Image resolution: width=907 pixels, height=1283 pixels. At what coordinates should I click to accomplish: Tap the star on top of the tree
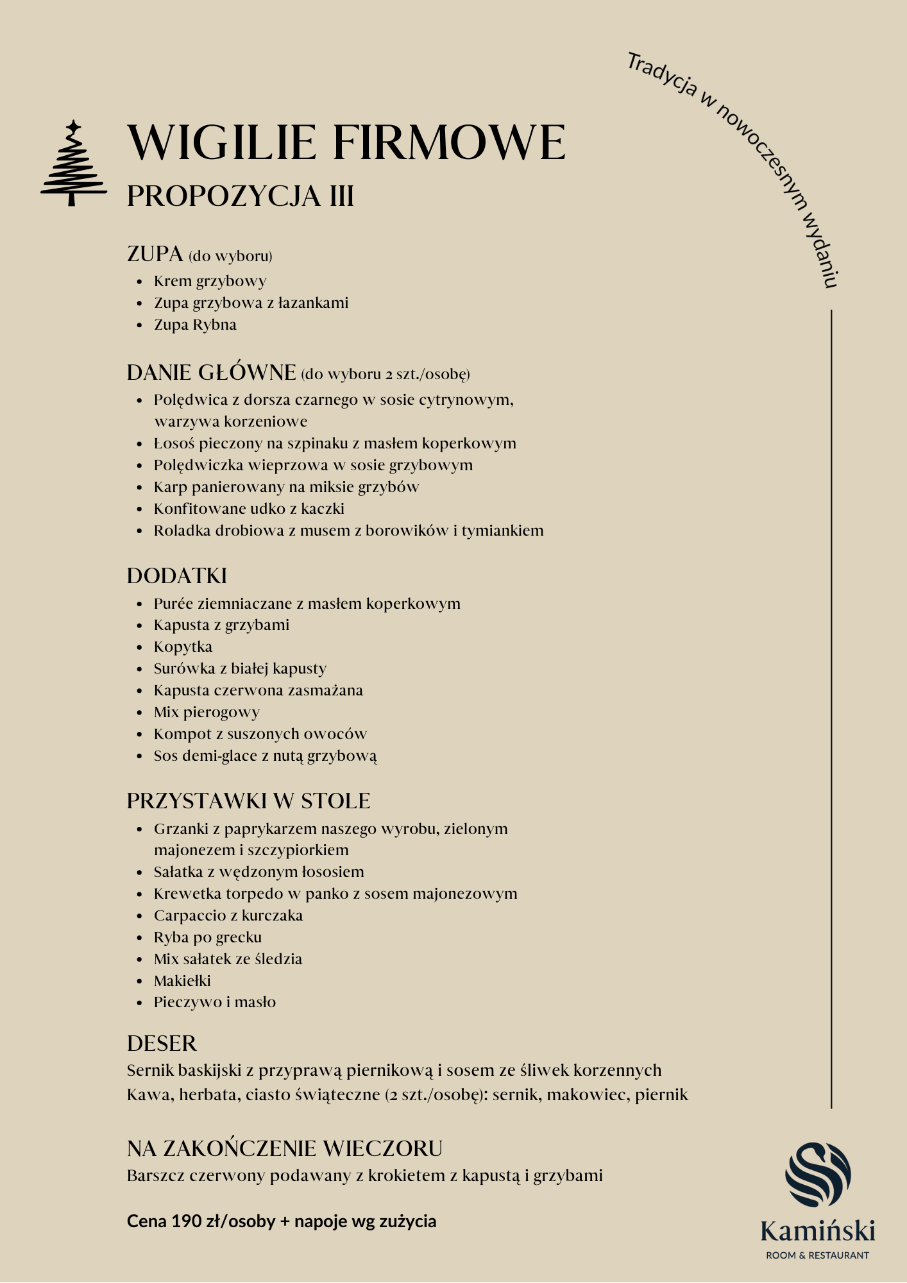(x=74, y=126)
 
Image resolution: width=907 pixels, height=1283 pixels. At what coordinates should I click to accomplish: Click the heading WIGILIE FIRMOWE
(x=346, y=142)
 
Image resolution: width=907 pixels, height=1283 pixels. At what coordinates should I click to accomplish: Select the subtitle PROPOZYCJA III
(x=241, y=196)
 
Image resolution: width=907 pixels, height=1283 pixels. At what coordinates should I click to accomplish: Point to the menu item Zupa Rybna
(x=195, y=325)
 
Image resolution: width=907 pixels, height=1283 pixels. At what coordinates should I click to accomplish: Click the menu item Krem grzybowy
(x=210, y=281)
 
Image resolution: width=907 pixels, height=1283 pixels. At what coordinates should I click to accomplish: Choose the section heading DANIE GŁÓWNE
(x=211, y=373)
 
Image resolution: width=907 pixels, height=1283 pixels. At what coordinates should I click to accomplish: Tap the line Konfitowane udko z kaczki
(x=249, y=509)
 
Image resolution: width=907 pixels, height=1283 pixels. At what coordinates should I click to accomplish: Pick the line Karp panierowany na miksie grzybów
(x=286, y=487)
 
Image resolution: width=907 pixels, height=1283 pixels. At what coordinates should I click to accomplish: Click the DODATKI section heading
(x=177, y=575)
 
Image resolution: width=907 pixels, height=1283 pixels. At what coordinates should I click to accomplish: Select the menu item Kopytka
(x=183, y=647)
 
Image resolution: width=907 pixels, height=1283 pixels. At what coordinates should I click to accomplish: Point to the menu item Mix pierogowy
(x=207, y=712)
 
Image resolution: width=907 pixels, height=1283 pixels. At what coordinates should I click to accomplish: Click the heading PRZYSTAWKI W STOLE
(x=248, y=801)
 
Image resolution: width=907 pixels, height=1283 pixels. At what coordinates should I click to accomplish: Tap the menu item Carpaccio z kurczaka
(x=228, y=915)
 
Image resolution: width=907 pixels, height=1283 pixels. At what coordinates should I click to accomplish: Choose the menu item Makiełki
(x=182, y=981)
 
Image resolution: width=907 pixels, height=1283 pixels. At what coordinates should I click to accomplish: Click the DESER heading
(x=162, y=1043)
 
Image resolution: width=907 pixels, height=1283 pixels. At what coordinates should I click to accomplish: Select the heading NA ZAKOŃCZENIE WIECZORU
(x=285, y=1148)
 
